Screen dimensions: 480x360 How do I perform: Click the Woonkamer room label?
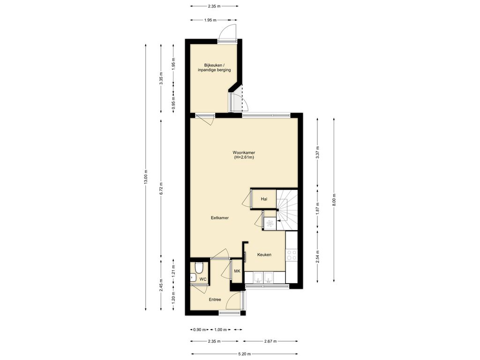[244, 152]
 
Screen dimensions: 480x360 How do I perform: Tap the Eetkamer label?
[220, 218]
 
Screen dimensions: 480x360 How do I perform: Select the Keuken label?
[264, 255]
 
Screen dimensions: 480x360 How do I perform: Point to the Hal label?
[264, 199]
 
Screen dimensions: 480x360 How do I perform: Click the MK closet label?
[237, 271]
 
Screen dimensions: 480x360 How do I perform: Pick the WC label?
[203, 279]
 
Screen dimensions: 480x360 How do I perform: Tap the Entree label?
[215, 300]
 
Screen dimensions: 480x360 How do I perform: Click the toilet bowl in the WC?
[199, 268]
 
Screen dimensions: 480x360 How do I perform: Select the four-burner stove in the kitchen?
[291, 255]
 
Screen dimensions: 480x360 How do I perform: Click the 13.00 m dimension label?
[146, 177]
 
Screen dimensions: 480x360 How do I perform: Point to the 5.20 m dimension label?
[244, 354]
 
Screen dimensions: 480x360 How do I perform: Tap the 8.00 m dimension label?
[334, 200]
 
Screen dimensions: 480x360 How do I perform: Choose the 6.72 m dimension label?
[161, 188]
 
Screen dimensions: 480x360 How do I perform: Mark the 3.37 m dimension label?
[318, 152]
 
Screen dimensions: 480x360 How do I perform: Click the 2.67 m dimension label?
[270, 341]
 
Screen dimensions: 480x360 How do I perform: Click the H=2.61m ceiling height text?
[244, 157]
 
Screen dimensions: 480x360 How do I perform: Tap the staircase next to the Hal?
[287, 210]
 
